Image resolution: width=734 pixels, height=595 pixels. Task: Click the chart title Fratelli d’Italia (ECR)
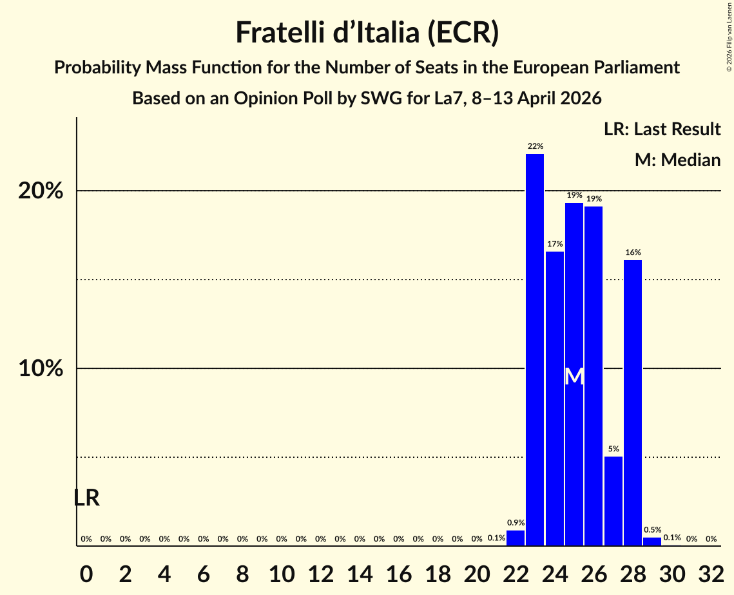[367, 32]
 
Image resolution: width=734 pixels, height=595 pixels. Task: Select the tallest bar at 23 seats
[535, 350]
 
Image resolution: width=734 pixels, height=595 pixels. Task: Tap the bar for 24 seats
[554, 399]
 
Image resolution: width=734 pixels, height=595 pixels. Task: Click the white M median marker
[574, 377]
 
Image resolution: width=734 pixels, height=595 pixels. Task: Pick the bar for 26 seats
[594, 376]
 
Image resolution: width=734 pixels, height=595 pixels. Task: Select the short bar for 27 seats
[613, 501]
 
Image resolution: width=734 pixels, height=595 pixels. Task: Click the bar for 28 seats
[632, 403]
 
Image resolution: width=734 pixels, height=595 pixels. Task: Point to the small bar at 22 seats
[516, 538]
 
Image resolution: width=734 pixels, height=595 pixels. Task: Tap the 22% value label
[535, 146]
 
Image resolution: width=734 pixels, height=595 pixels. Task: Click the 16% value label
[632, 252]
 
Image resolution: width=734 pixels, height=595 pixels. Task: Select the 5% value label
[613, 449]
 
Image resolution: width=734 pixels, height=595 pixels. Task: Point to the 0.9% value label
[516, 523]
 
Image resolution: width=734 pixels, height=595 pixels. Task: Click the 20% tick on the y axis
[44, 191]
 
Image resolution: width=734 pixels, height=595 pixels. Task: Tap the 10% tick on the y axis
[44, 369]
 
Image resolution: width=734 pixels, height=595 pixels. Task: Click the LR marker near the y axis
[86, 498]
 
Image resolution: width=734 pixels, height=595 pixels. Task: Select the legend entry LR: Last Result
[662, 129]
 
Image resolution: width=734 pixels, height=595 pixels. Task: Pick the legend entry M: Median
[677, 160]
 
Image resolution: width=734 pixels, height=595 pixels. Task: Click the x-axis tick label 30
[671, 571]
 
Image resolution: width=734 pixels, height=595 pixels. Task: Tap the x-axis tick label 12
[320, 571]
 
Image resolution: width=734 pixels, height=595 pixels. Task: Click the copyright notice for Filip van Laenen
[729, 36]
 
